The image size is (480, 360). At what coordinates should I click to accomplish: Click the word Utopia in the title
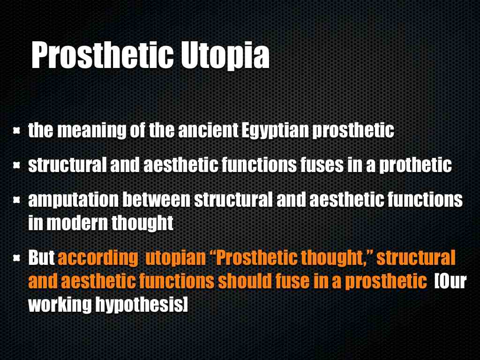pyautogui.click(x=225, y=56)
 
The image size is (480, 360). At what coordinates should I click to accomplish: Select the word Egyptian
pyautogui.click(x=275, y=131)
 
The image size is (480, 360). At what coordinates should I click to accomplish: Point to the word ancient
pyautogui.click(x=208, y=130)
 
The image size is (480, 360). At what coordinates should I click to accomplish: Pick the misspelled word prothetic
pyautogui.click(x=415, y=165)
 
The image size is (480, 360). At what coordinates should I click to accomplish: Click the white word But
pyautogui.click(x=41, y=257)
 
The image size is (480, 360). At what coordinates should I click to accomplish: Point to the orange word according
pyautogui.click(x=98, y=258)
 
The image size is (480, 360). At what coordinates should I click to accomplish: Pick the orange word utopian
pyautogui.click(x=176, y=258)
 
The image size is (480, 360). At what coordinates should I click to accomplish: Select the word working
pyautogui.click(x=60, y=305)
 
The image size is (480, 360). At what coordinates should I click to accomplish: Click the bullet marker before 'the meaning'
pyautogui.click(x=16, y=131)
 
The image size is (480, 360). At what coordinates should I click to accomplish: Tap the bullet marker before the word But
pyautogui.click(x=16, y=258)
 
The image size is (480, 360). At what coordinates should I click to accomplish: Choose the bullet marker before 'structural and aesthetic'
pyautogui.click(x=16, y=165)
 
